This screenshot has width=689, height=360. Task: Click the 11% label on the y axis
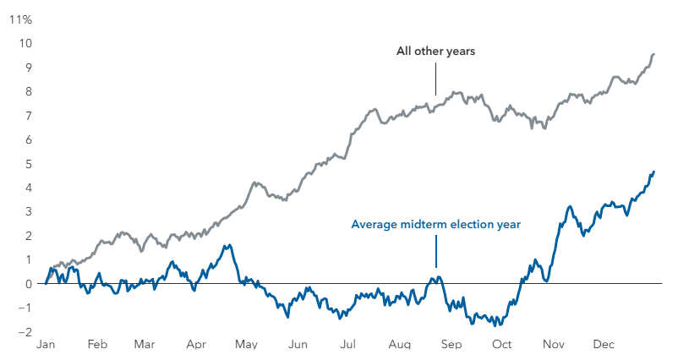point(19,19)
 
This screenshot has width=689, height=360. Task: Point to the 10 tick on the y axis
point(26,43)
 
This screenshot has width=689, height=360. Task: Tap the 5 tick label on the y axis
point(28,164)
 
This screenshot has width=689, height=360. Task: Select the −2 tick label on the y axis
point(25,332)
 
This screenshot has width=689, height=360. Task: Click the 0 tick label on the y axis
point(28,284)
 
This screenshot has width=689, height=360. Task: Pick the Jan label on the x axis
point(46,346)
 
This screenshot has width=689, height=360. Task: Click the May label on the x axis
point(246,346)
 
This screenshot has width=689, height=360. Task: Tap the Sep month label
point(451,346)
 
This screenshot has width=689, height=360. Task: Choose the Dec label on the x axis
point(604,346)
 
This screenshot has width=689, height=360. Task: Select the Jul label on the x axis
point(347,346)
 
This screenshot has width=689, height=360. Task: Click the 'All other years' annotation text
point(435,52)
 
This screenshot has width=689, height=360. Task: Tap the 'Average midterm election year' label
point(435,225)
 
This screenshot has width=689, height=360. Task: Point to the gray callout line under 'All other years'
point(435,81)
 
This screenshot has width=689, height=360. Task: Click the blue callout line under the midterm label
point(436,251)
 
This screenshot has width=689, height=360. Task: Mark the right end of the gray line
point(654,54)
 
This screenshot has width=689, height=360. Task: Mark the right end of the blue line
point(654,172)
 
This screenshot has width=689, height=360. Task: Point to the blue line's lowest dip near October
point(500,325)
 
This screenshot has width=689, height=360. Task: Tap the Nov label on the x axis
point(553,346)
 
